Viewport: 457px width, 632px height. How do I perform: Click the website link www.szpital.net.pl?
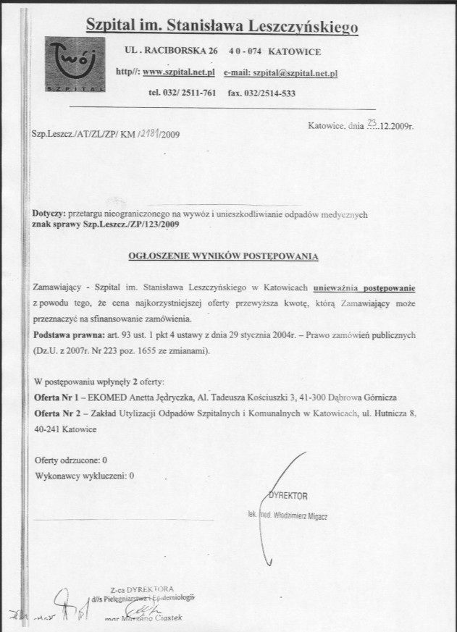(x=175, y=72)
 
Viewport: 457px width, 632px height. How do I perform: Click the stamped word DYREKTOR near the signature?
(x=288, y=496)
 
